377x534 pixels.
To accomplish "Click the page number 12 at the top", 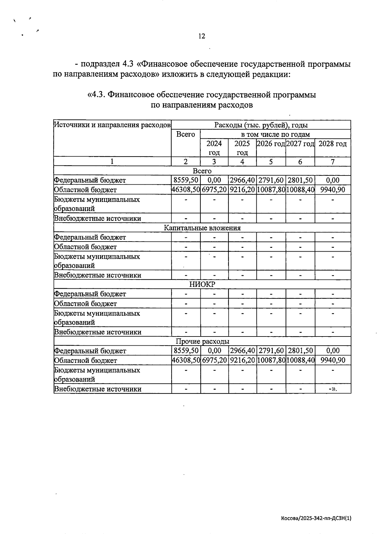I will click(202, 36).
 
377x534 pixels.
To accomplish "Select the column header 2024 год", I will click(214, 148).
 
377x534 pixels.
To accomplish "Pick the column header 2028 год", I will click(333, 144).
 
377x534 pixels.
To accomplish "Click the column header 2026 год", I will click(271, 144).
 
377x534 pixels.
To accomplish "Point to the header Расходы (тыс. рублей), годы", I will click(261, 125).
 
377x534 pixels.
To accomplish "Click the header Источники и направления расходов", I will click(112, 125).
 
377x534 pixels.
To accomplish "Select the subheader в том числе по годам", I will click(275, 135).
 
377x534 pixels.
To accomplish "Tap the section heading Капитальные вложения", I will click(202, 228).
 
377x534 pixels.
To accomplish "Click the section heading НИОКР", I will click(202, 285).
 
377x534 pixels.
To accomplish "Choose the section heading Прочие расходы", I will click(202, 342).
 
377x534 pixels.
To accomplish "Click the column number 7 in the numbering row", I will click(333, 162).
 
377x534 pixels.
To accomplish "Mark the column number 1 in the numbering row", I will click(112, 162).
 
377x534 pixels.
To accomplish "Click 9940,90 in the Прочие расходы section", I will click(333, 360).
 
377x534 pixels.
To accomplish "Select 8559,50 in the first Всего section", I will click(186, 180).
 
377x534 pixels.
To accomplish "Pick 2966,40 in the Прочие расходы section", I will click(242, 351).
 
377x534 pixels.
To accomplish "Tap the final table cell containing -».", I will click(333, 389).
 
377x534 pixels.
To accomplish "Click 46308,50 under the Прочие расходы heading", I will click(186, 360).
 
